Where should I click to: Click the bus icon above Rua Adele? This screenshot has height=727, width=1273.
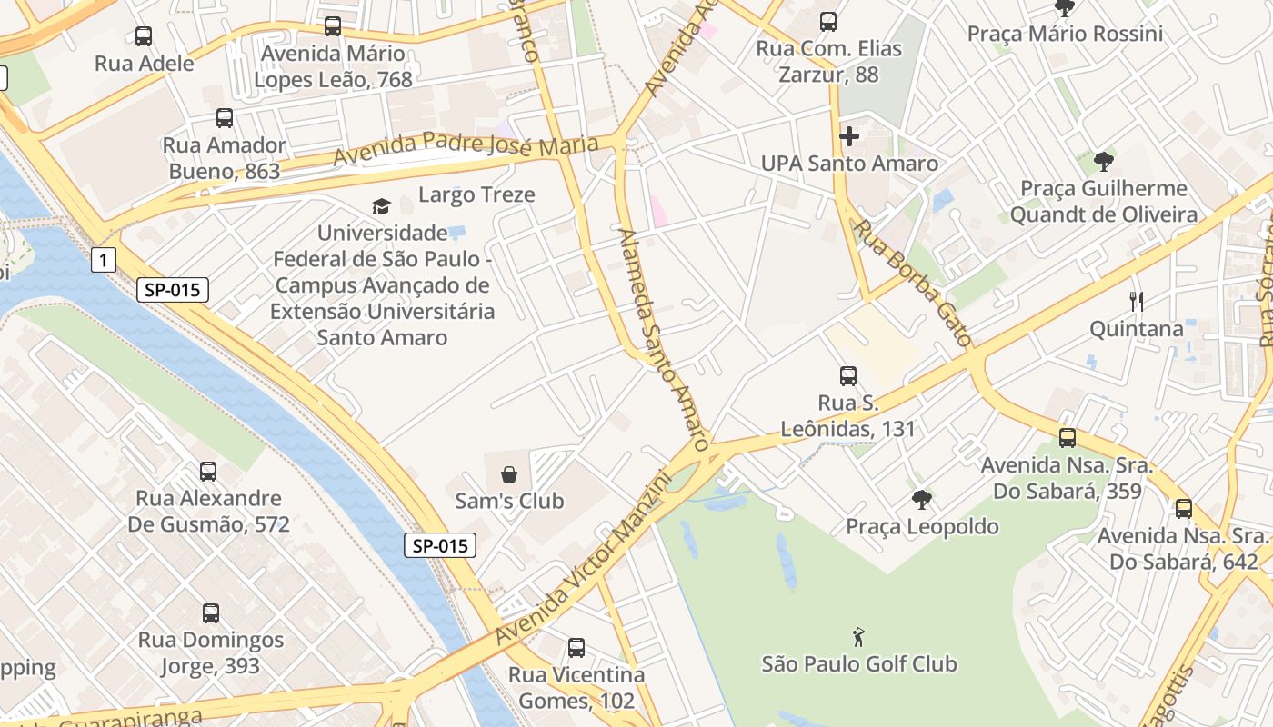pyautogui.click(x=144, y=36)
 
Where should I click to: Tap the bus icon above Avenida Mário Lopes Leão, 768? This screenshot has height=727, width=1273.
pyautogui.click(x=333, y=26)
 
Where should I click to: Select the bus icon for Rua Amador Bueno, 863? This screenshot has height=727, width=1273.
pyautogui.click(x=225, y=118)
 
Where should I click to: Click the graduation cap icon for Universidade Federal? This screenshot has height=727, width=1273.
pyautogui.click(x=381, y=207)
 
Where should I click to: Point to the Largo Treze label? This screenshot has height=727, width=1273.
pyautogui.click(x=476, y=194)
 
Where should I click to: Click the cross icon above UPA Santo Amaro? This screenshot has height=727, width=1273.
pyautogui.click(x=849, y=136)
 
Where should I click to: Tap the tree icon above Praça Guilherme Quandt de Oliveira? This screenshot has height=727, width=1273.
pyautogui.click(x=1104, y=162)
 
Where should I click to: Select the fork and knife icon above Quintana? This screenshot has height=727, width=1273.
pyautogui.click(x=1136, y=301)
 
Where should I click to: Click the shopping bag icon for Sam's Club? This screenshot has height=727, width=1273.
pyautogui.click(x=509, y=474)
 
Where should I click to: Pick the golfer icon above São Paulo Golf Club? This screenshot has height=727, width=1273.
pyautogui.click(x=858, y=637)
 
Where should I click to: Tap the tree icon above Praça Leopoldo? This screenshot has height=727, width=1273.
pyautogui.click(x=922, y=499)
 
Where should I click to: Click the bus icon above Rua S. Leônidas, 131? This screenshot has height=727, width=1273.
pyautogui.click(x=848, y=375)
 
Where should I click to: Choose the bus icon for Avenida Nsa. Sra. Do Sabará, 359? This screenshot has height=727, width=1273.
pyautogui.click(x=1068, y=438)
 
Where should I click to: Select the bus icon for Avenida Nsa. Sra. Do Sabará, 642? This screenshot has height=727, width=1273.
pyautogui.click(x=1183, y=509)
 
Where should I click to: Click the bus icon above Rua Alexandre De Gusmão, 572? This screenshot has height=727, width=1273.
pyautogui.click(x=208, y=472)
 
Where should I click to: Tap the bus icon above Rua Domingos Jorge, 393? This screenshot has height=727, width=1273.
pyautogui.click(x=211, y=613)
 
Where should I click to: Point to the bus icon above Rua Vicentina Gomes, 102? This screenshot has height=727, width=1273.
pyautogui.click(x=576, y=648)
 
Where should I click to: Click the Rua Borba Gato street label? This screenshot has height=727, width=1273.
pyautogui.click(x=914, y=283)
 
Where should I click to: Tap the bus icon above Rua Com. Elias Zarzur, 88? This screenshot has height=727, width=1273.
pyautogui.click(x=828, y=22)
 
